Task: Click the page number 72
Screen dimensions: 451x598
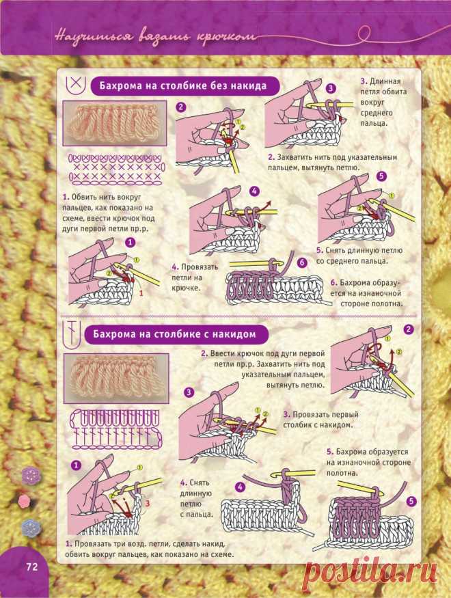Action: (32, 567)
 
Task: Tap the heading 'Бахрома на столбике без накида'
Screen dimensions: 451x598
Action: (183, 85)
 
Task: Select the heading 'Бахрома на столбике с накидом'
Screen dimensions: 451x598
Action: (175, 334)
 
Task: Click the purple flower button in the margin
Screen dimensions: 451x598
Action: (31, 475)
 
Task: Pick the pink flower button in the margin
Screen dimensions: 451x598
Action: (24, 500)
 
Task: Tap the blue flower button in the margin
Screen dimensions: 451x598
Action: (31, 528)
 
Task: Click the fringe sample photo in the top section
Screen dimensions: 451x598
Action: (114, 123)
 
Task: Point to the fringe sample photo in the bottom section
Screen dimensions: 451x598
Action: (116, 378)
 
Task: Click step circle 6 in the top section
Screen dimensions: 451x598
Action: (302, 262)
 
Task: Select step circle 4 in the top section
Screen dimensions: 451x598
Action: (255, 191)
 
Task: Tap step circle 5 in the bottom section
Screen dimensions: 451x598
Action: (411, 501)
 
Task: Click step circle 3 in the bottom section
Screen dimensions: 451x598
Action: (189, 392)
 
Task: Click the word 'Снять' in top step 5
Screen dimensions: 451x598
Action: (337, 251)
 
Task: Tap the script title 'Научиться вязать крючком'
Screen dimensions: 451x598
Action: (155, 37)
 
